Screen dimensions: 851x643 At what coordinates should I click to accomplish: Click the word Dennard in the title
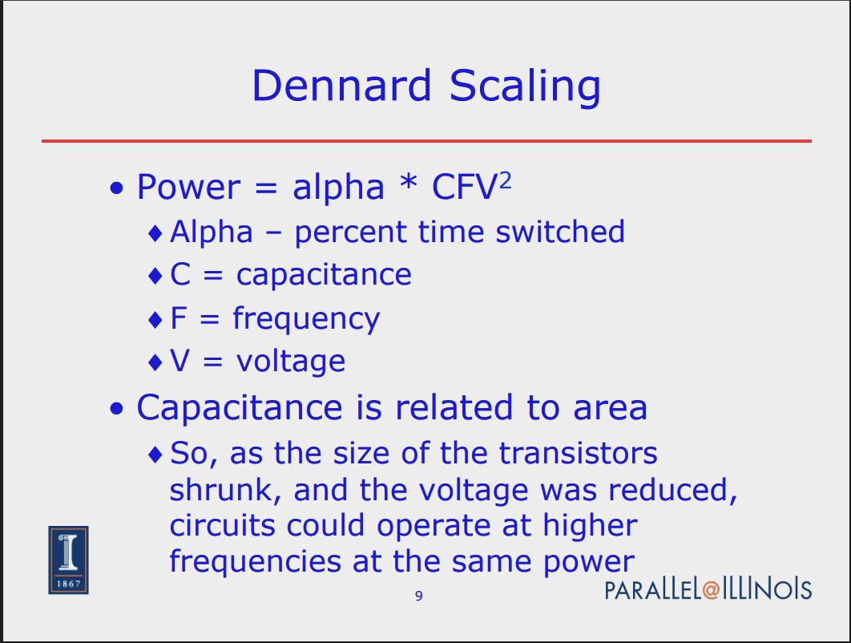(341, 85)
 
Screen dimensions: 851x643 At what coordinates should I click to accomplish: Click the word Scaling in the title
(526, 87)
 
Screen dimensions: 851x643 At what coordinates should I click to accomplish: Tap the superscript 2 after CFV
(505, 180)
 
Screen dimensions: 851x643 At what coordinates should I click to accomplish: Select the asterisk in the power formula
(408, 181)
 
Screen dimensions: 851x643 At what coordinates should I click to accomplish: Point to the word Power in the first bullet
(188, 187)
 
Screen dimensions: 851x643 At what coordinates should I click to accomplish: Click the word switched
(560, 232)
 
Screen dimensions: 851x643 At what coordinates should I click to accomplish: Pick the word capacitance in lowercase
(324, 275)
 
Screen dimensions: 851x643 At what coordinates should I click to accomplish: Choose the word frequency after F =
(306, 318)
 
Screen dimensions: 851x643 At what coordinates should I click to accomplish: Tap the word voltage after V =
(290, 361)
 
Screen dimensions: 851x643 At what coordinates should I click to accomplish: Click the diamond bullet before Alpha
(155, 233)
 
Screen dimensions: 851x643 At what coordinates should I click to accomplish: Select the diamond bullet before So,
(155, 454)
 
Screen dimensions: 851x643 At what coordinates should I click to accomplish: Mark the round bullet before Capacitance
(117, 408)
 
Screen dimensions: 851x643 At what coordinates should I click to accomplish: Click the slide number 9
(419, 596)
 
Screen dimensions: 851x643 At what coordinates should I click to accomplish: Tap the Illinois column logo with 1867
(68, 560)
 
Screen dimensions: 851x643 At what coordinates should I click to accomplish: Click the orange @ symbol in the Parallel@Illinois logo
(711, 590)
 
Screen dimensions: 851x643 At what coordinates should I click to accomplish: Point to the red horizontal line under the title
(426, 141)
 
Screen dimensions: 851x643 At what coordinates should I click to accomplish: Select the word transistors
(578, 453)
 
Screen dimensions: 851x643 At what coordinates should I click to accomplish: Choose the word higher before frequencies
(590, 525)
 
